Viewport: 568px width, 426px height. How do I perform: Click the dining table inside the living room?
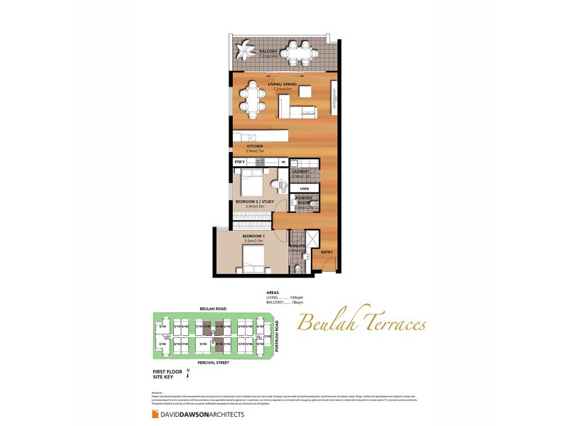251,100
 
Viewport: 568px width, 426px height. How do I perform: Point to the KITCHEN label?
254,146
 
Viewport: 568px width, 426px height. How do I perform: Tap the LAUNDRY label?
299,171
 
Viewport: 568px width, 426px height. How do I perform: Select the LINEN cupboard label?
304,188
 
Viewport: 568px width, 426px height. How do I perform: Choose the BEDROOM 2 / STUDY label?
254,202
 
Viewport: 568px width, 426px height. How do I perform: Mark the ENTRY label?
327,252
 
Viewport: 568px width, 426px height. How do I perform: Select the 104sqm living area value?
288,297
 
